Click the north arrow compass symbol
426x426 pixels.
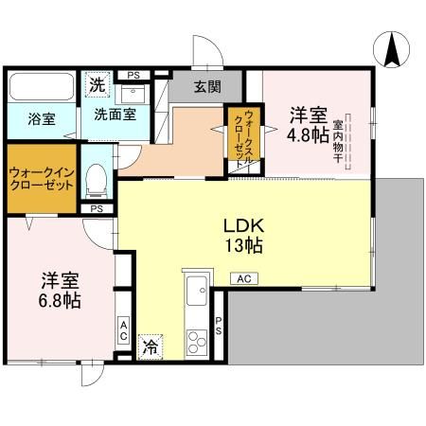click(x=391, y=49)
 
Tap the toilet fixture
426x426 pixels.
click(x=97, y=181)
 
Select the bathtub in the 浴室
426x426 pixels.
click(x=42, y=86)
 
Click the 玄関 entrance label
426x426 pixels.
click(x=207, y=87)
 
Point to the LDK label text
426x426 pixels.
click(x=243, y=226)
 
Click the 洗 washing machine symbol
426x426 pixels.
click(x=97, y=84)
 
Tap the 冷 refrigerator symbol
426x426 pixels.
click(x=151, y=346)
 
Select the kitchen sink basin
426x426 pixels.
click(x=197, y=291)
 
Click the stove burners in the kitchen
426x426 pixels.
click(x=197, y=342)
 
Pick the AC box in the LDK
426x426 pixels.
click(x=244, y=278)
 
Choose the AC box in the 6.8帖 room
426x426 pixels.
click(x=124, y=330)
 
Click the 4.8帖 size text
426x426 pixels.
click(x=308, y=135)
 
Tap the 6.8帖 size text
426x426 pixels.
click(x=60, y=300)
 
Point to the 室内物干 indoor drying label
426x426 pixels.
click(x=338, y=141)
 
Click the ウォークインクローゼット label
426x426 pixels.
click(x=42, y=179)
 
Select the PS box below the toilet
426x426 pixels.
click(x=97, y=209)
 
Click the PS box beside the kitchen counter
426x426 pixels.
click(x=219, y=326)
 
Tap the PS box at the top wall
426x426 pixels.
click(x=133, y=76)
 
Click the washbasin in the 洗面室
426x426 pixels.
click(x=133, y=94)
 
